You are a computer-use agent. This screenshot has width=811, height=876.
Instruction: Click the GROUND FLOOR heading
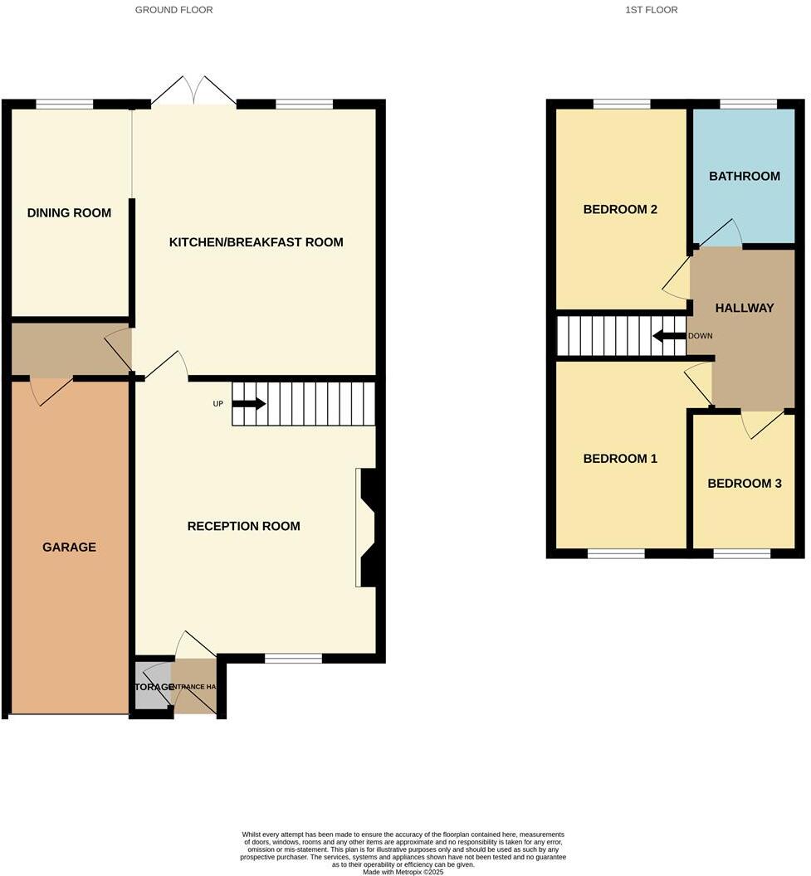pos(173,10)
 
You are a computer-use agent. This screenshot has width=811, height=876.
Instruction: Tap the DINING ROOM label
pos(69,213)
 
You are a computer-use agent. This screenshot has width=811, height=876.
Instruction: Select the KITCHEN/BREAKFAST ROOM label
pos(256,242)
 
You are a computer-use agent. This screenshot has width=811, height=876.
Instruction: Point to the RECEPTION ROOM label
pos(243,526)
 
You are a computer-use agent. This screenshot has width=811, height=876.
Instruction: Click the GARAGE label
pos(69,547)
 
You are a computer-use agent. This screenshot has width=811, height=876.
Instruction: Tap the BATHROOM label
pos(744,176)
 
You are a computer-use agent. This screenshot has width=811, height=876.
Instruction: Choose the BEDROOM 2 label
pos(620,209)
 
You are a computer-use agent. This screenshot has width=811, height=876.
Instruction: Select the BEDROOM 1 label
pos(620,459)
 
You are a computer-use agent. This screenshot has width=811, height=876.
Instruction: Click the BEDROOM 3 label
pos(744,483)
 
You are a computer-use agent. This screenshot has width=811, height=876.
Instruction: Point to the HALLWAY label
pos(744,308)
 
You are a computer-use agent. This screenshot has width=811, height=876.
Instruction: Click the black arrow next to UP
pos(248,404)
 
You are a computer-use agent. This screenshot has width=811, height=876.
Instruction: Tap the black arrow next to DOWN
pos(668,336)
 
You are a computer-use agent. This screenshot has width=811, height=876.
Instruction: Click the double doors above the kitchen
pos(193,90)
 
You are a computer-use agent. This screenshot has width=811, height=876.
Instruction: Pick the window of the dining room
pos(64,105)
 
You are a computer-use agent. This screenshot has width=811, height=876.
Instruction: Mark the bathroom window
pos(747,105)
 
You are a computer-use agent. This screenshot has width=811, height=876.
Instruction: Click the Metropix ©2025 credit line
pos(403,872)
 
